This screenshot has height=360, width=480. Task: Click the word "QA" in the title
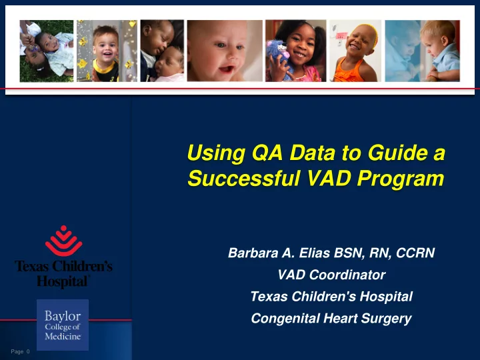point(267,153)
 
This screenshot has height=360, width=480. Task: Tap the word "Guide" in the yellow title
point(397,152)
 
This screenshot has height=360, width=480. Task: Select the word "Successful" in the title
point(243,178)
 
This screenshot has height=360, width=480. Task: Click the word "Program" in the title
point(401,179)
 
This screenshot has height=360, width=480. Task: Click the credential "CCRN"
point(415,253)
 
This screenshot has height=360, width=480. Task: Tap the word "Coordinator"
point(347,275)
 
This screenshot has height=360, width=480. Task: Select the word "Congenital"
point(285,319)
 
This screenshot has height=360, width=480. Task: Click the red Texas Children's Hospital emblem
point(64,241)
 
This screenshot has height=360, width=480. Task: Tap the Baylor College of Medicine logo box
point(63,325)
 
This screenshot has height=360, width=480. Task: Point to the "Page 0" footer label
point(20,351)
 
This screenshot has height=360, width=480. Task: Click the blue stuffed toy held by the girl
point(278,58)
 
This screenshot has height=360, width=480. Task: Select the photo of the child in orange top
point(355,51)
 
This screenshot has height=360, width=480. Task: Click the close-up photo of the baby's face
point(225,51)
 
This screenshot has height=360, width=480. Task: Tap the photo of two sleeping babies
point(162,51)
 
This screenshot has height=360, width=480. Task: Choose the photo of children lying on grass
point(47,51)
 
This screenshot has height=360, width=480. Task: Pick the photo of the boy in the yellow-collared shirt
point(107,51)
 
